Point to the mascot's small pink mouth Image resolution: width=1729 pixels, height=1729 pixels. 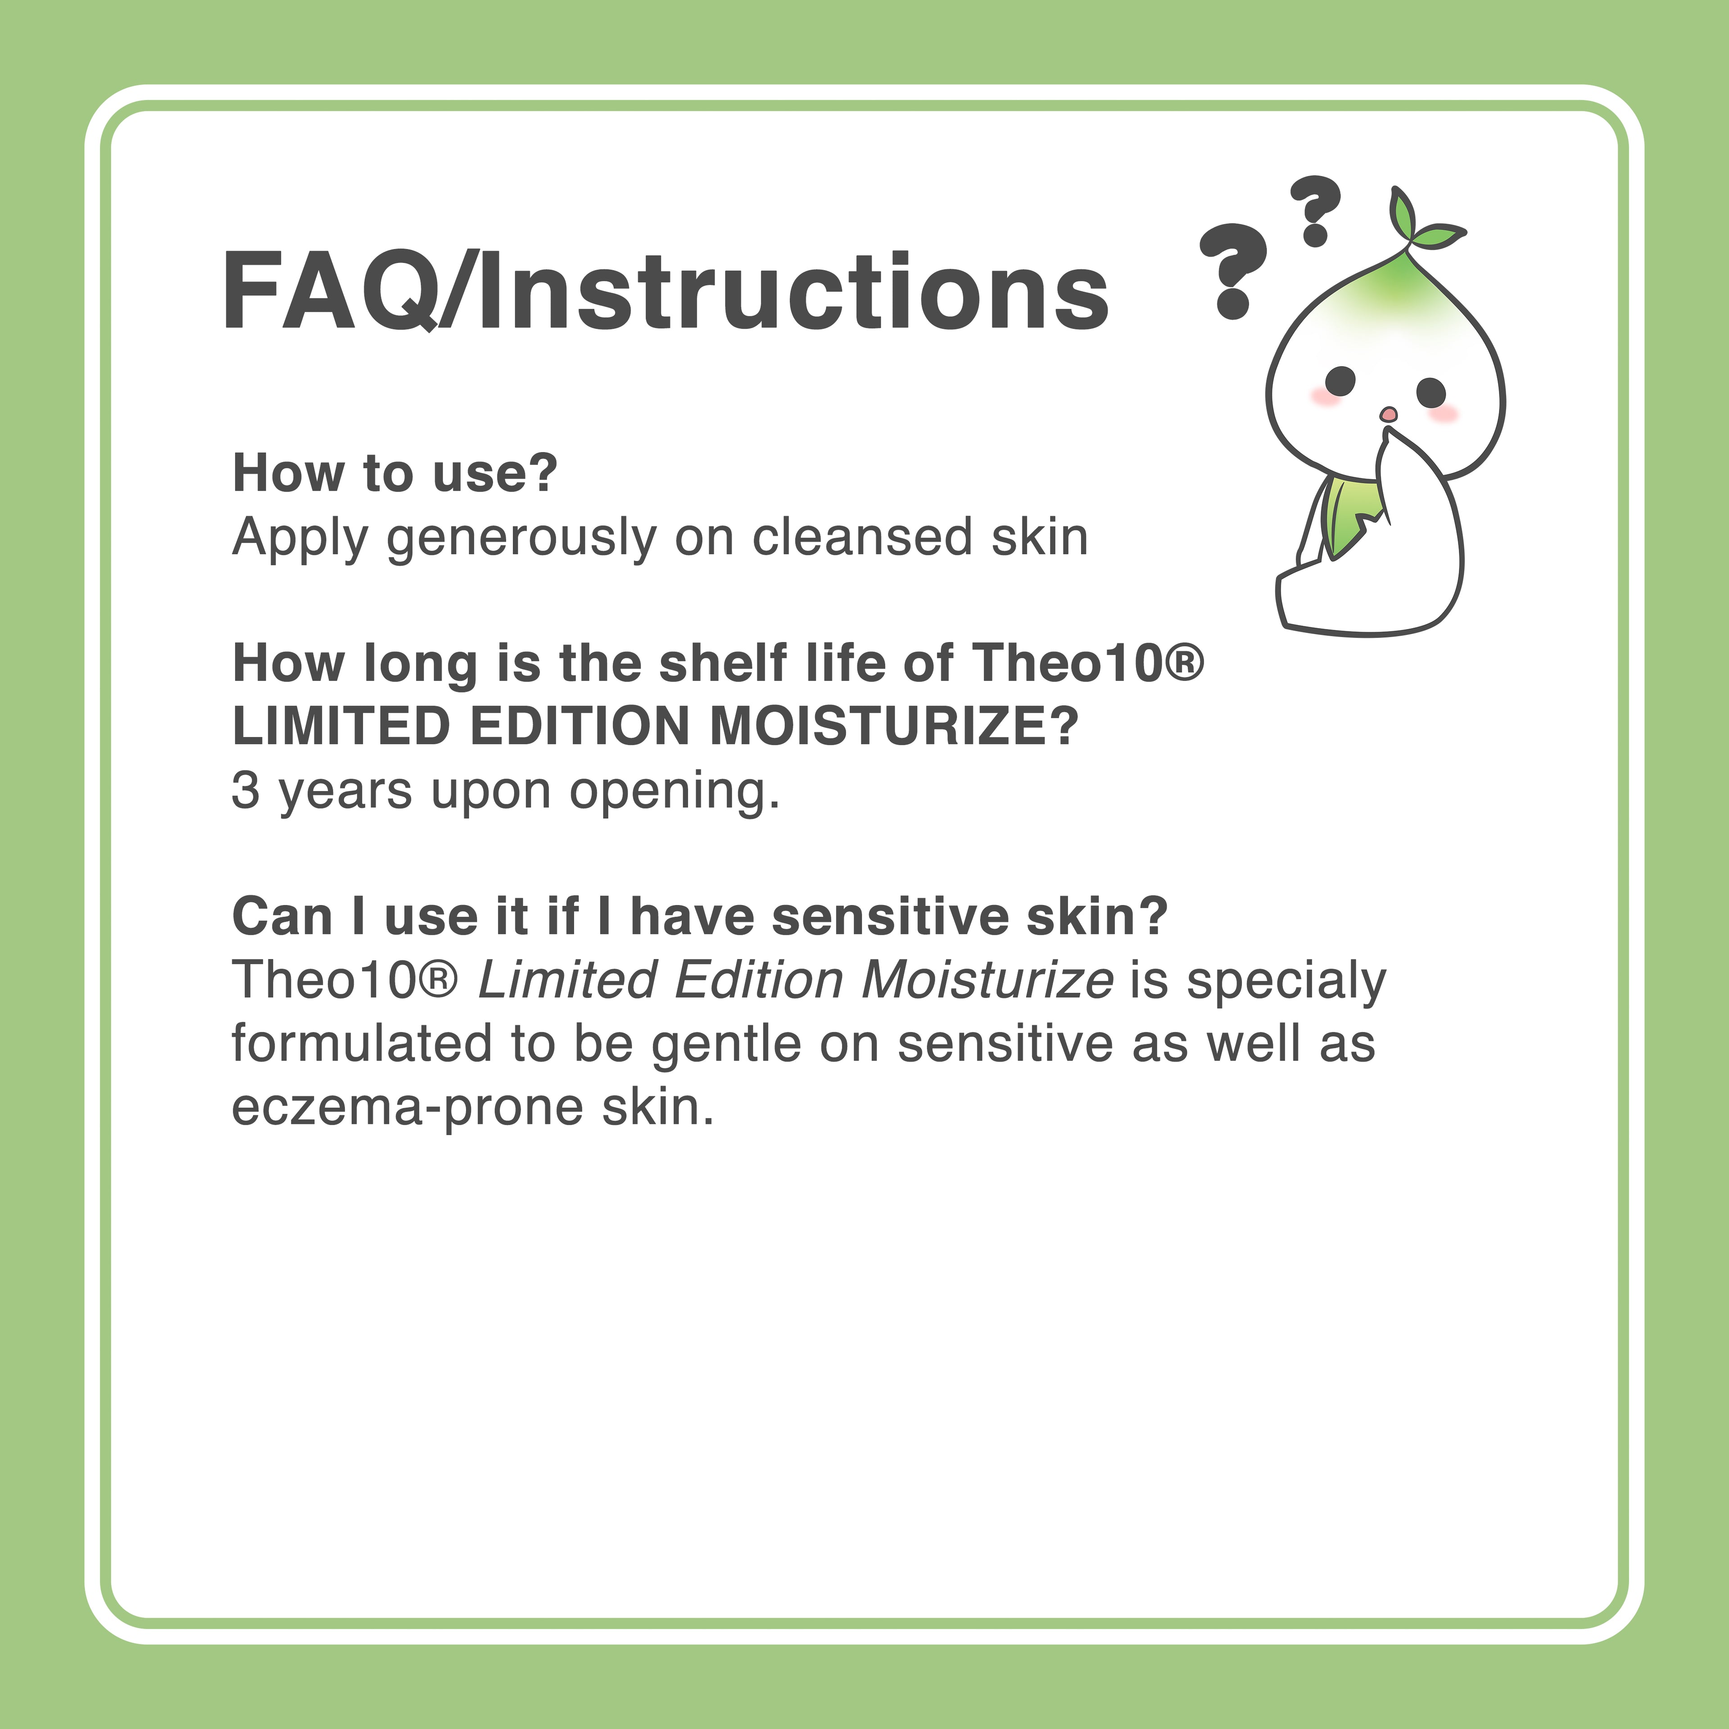[x=1388, y=413]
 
